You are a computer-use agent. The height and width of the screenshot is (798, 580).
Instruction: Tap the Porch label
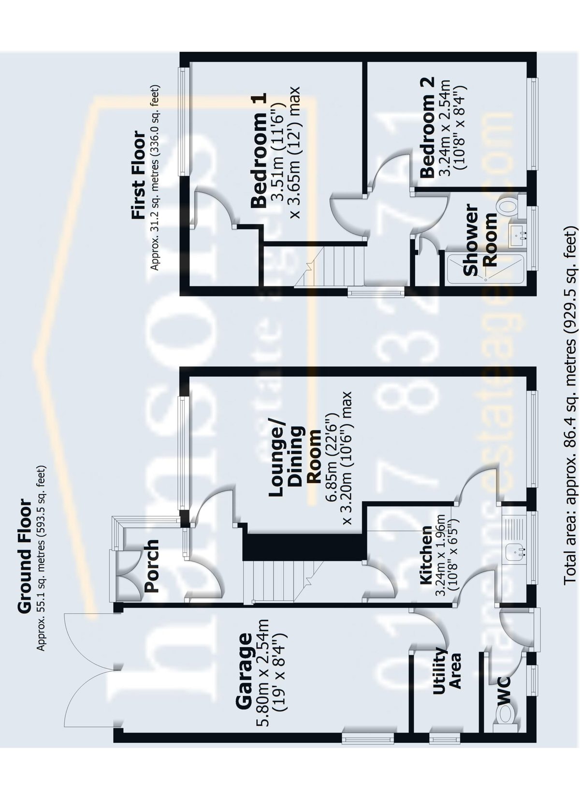pyautogui.click(x=152, y=566)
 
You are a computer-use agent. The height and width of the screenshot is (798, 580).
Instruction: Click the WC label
pyautogui.click(x=503, y=689)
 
